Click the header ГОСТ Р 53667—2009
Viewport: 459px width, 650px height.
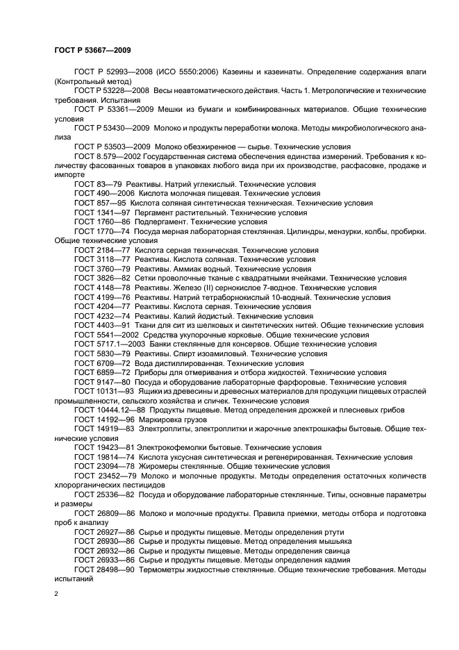tap(92, 51)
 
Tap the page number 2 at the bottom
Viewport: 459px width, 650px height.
tap(56, 594)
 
